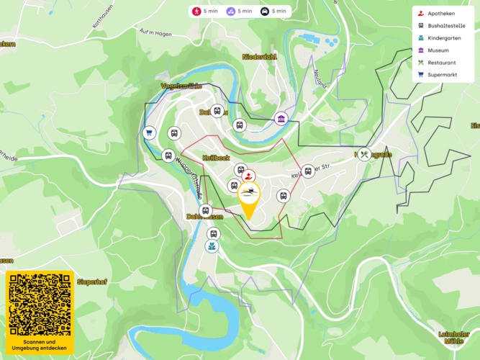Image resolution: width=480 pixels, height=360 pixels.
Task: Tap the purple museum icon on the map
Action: pyautogui.click(x=281, y=119)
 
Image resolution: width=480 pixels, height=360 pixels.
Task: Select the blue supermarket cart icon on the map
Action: pyautogui.click(x=149, y=132)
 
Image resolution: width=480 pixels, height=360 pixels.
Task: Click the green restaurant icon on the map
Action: pyautogui.click(x=366, y=154)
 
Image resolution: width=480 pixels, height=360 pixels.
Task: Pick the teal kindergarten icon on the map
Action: pyautogui.click(x=212, y=247)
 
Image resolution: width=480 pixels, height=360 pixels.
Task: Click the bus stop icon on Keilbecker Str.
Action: pyautogui.click(x=308, y=171)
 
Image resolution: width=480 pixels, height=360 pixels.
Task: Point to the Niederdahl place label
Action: pyautogui.click(x=259, y=56)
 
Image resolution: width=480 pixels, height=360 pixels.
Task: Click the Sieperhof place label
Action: pyautogui.click(x=91, y=282)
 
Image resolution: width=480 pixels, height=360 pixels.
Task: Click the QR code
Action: pyautogui.click(x=40, y=304)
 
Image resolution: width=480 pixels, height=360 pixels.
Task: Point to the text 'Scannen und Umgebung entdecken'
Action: pyautogui.click(x=40, y=345)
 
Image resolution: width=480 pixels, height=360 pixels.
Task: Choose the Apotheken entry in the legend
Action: pyautogui.click(x=440, y=14)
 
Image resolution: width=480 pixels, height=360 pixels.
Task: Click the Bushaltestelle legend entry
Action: pyautogui.click(x=445, y=26)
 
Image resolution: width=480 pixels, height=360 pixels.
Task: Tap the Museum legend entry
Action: pyautogui.click(x=438, y=50)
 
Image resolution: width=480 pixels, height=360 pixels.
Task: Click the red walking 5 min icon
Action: pyautogui.click(x=196, y=12)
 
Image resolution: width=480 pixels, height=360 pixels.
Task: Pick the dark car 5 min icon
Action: pyautogui.click(x=264, y=12)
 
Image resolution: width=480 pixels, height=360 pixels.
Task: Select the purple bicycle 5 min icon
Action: pyautogui.click(x=230, y=12)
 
